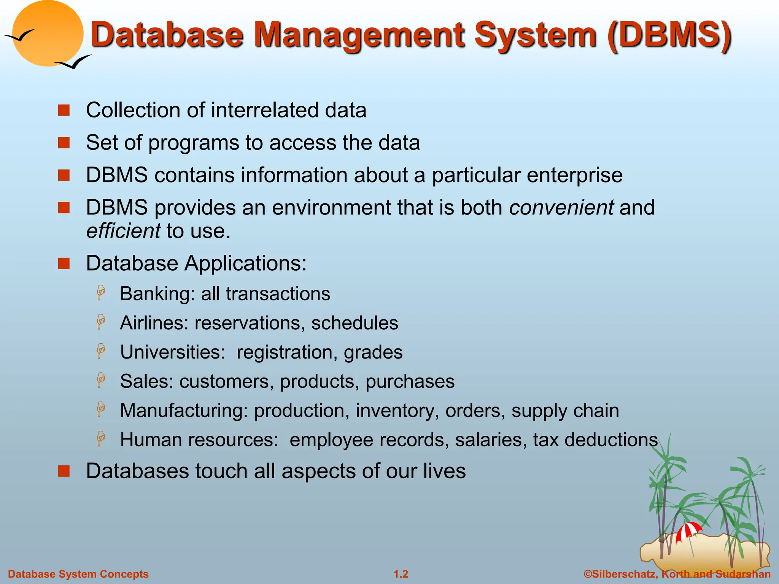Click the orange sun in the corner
pos(48,32)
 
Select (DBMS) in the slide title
pos(669,35)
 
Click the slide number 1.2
pos(401,574)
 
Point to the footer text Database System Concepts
pos(78,574)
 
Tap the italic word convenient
pos(561,208)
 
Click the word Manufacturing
pos(184,411)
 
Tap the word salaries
pos(491,440)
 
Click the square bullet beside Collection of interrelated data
pos(64,110)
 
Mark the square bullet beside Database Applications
pos(64,263)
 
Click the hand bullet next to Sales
pos(101,380)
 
